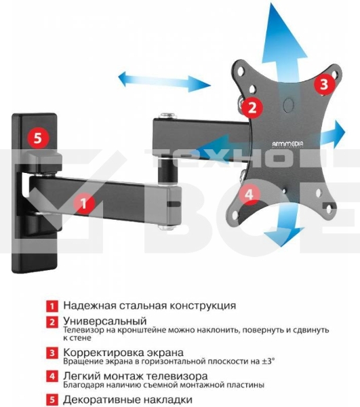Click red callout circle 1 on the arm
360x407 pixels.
pos(84,203)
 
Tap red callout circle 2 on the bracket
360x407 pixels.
pos(252,107)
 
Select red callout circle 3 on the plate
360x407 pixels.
pos(324,84)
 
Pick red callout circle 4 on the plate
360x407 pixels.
pos(249,194)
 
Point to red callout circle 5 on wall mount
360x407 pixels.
pos(38,138)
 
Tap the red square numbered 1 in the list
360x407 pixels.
pos(52,306)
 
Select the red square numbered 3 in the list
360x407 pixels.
pos(52,353)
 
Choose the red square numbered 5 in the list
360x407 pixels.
pos(52,400)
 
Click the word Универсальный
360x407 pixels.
pos(105,322)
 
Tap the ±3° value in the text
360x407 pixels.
pos(268,361)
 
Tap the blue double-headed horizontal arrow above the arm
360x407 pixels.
pos(165,81)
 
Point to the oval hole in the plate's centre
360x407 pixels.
pos(288,104)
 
